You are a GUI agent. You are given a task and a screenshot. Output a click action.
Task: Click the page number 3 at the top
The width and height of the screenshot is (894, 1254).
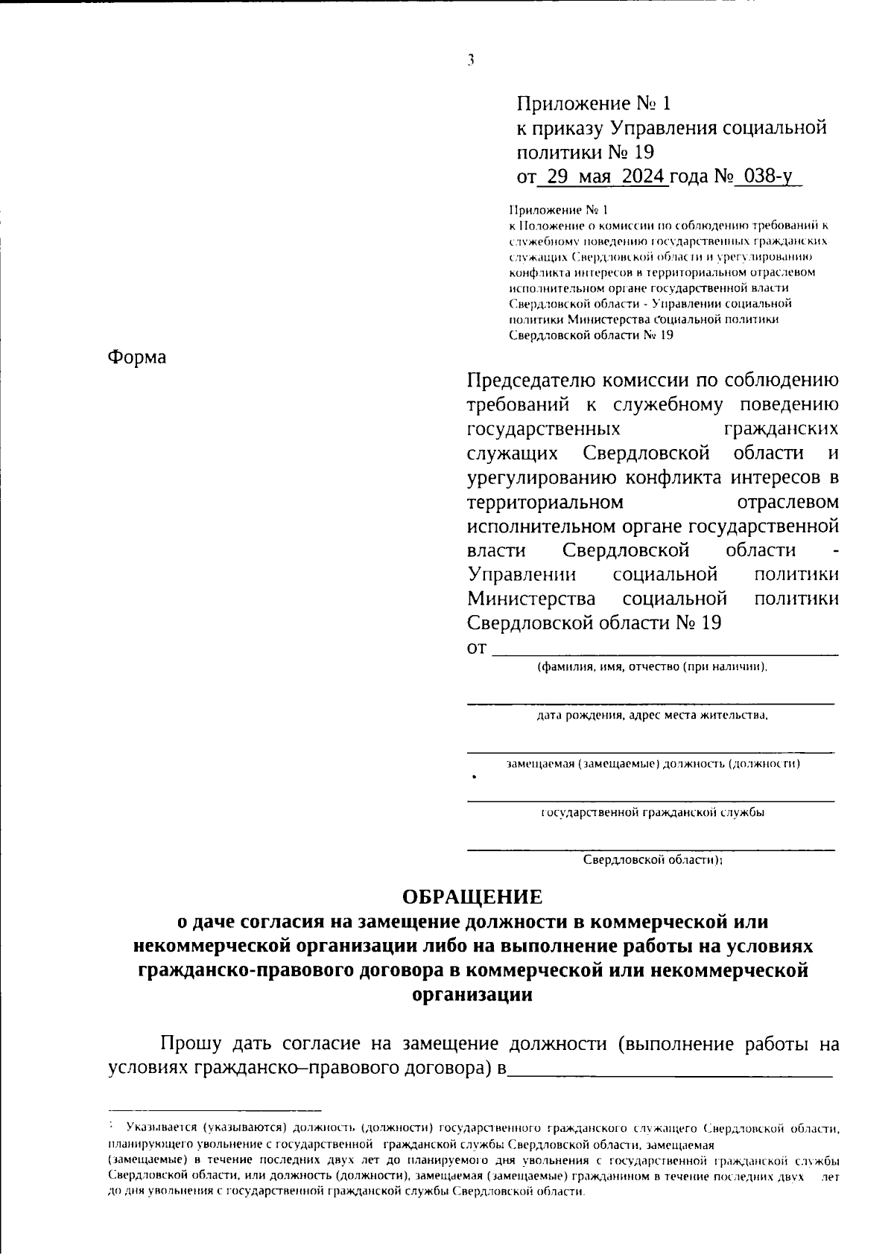[x=471, y=62]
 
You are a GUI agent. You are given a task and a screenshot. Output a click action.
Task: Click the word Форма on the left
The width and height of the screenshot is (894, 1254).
[x=137, y=357]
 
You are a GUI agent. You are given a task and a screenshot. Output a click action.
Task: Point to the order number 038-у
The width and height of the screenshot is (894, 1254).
[x=767, y=177]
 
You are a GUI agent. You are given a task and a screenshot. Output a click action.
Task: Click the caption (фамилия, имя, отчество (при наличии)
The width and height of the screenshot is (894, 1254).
[x=652, y=667]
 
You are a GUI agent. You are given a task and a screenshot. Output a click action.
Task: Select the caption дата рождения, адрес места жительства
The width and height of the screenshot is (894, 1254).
[x=652, y=716]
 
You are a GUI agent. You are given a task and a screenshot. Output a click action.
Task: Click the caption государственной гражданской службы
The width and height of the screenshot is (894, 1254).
[x=652, y=812]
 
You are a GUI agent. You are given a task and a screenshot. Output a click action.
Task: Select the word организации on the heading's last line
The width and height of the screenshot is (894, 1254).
[x=472, y=995]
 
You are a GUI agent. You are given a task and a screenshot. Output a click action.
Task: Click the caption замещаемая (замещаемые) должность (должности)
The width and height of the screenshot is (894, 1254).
[x=653, y=764]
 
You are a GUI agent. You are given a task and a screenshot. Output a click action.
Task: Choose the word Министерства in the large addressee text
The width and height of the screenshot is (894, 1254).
[x=531, y=599]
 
